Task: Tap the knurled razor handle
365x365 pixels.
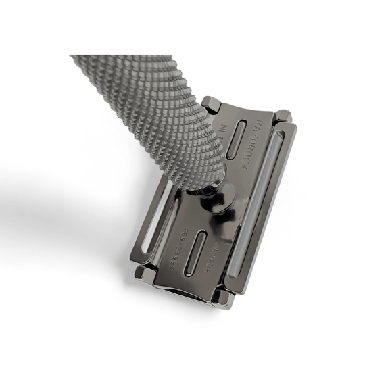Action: point(142,101)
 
